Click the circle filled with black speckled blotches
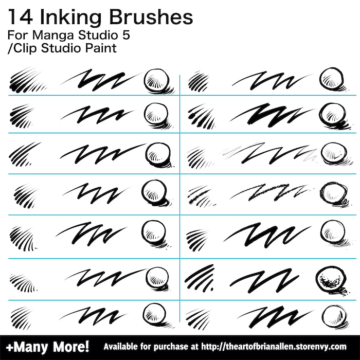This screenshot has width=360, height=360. click(x=330, y=279)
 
